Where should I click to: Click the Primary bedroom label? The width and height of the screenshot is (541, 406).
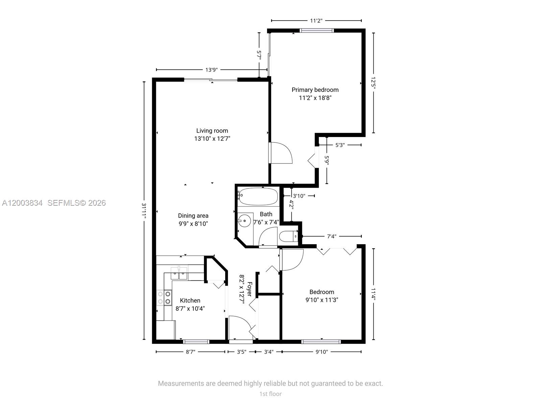click(x=315, y=90)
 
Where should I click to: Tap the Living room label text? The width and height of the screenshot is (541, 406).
click(x=212, y=131)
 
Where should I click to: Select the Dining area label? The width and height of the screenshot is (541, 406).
click(x=193, y=216)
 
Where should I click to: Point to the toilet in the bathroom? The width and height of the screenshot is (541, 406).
click(x=288, y=236)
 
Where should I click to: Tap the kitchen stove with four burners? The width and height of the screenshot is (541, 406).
click(x=164, y=298)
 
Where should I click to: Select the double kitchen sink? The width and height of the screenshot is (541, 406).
click(x=179, y=273)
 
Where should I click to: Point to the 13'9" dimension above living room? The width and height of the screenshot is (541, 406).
click(x=212, y=70)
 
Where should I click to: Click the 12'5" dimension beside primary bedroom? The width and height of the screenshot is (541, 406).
click(x=373, y=83)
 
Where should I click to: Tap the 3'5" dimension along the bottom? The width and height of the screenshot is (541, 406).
click(x=241, y=352)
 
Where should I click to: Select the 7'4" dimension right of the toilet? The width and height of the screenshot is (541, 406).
click(x=331, y=236)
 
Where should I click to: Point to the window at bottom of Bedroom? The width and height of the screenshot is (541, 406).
click(x=321, y=342)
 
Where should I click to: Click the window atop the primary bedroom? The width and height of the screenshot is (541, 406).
click(x=317, y=30)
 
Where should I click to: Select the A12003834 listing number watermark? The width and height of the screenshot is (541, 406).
click(x=22, y=203)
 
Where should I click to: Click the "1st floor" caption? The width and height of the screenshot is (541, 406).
click(x=270, y=394)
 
